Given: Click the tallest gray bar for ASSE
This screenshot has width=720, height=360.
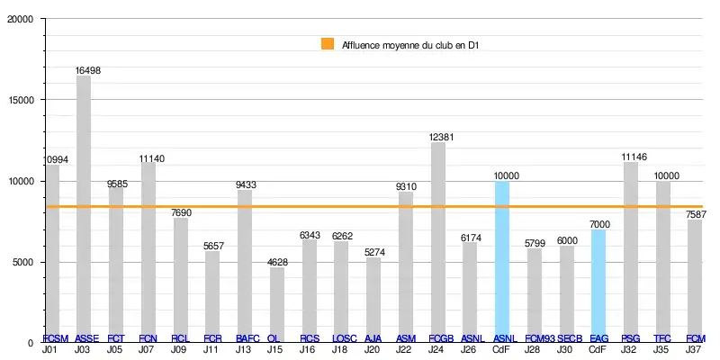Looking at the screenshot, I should [83, 207].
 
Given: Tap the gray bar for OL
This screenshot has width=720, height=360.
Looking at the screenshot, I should [276, 301].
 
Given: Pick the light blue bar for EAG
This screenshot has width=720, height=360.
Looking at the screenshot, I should [598, 283].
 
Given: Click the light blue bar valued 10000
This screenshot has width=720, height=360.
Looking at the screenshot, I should [502, 261].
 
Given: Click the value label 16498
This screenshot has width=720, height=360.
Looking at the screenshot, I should [89, 69].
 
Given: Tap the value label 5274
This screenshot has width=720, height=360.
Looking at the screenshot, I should [373, 252].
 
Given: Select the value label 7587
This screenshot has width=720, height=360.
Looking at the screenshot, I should [696, 214].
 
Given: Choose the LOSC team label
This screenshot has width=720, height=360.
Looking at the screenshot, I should [345, 338].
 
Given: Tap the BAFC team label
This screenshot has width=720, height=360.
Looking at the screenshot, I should [247, 338].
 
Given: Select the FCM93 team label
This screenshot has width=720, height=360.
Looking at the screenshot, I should [541, 338].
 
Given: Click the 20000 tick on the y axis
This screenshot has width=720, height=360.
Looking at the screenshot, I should [20, 20].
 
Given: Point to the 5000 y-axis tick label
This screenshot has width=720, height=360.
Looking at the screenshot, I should [22, 262].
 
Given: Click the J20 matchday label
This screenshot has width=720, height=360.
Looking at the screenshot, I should [373, 349].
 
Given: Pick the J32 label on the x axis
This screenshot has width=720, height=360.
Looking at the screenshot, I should [630, 349].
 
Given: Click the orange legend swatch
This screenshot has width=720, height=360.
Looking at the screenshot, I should [328, 43].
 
